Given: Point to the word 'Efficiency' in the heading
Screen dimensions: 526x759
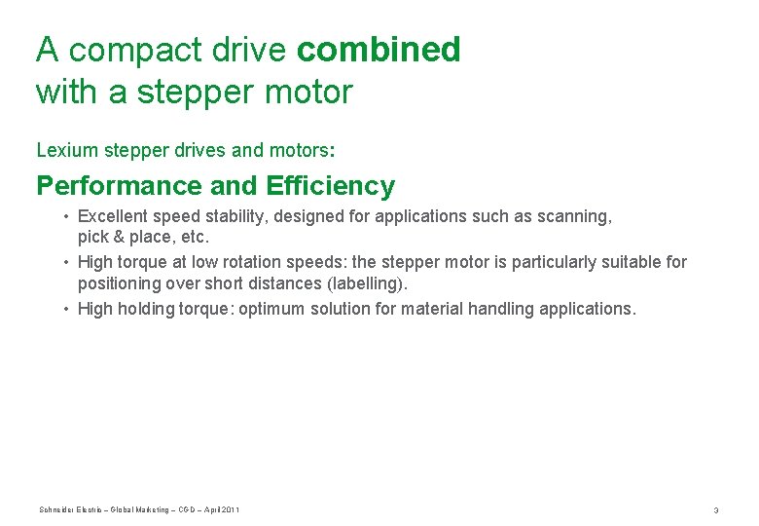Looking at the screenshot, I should coord(329,185).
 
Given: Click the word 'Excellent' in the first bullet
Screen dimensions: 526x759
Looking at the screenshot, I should coord(113,216).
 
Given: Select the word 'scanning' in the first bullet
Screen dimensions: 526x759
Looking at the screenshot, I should coord(577,216).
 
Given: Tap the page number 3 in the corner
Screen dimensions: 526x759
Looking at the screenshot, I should coord(715,510).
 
